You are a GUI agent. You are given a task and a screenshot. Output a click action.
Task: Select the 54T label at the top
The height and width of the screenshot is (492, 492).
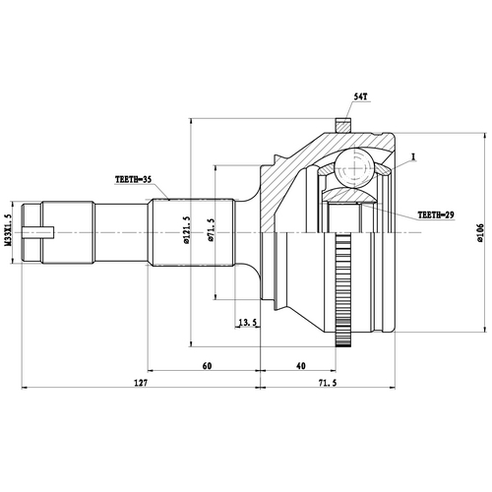361,97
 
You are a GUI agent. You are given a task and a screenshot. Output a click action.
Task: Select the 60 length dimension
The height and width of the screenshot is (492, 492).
207,365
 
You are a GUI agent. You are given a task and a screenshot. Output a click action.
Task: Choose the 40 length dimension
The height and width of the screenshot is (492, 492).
299,365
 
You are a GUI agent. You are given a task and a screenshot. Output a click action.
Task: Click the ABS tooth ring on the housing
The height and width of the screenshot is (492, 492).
344,295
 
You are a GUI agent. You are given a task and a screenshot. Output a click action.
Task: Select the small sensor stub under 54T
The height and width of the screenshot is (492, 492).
342,126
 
